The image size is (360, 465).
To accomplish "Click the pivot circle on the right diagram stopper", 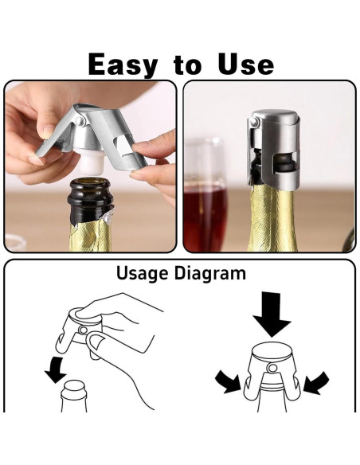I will [x=269, y=367].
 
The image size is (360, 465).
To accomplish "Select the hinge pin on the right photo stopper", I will [x=254, y=123].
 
